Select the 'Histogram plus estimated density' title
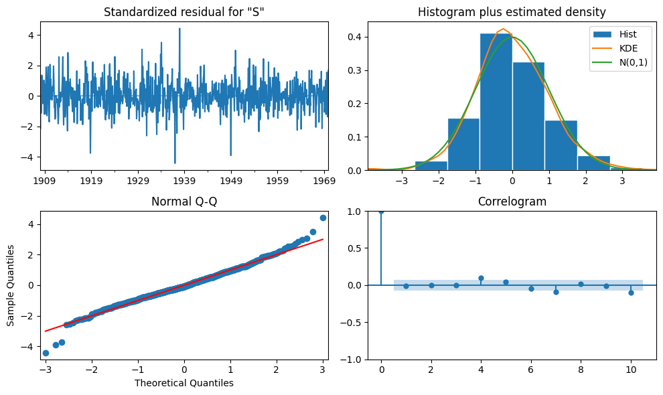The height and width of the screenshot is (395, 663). [512, 12]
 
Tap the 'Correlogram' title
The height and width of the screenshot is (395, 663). [512, 202]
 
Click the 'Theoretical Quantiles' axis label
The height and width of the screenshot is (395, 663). [184, 383]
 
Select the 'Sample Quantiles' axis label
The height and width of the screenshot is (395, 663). [11, 285]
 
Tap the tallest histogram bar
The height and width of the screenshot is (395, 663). [496, 100]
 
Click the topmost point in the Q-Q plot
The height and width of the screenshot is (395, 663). [323, 218]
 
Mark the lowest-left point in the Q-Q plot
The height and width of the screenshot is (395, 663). [46, 353]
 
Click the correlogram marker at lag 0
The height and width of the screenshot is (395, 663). [381, 212]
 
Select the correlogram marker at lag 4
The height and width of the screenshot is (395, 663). [481, 278]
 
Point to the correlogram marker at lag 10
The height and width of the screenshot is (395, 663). [631, 293]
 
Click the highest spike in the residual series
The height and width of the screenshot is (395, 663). [179, 29]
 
